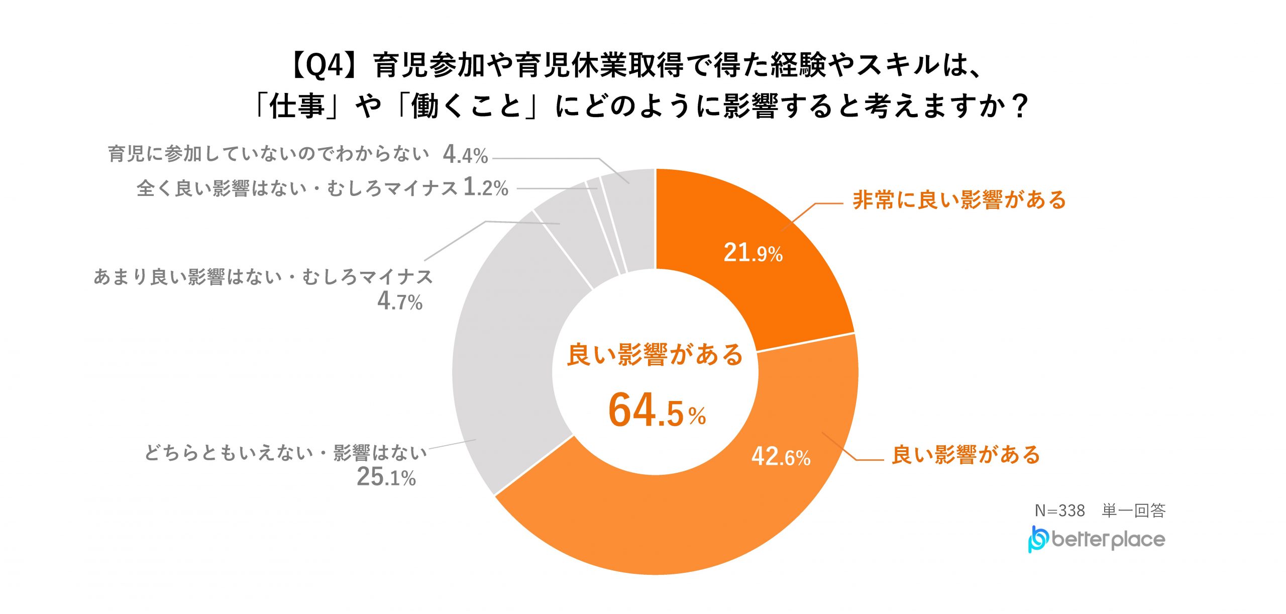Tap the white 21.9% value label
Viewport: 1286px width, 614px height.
pos(753,253)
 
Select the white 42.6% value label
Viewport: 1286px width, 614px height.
pos(781,457)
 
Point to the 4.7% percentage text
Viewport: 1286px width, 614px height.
pos(400,301)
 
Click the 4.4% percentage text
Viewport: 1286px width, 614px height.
pos(465,155)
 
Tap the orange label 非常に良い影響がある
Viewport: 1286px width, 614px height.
pos(959,200)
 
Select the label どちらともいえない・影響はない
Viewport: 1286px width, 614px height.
pos(286,453)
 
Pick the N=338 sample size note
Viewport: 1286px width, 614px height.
pos(1060,510)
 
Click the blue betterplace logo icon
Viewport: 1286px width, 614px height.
pos(1038,540)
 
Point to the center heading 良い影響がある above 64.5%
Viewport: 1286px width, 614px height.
pos(655,355)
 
